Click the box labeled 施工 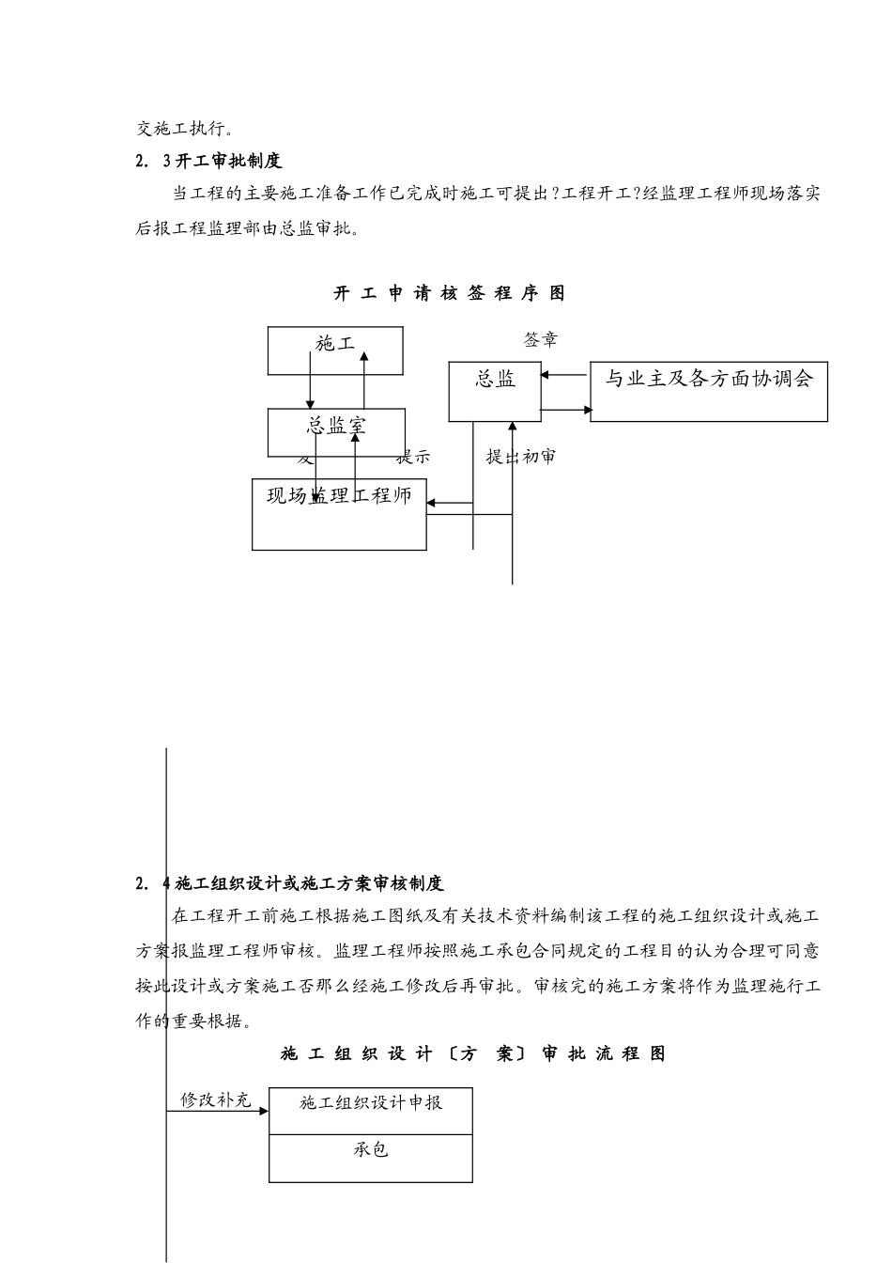tap(335, 350)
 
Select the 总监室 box tap(336, 431)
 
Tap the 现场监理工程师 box tap(339, 514)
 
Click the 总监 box tap(495, 391)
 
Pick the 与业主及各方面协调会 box tap(708, 391)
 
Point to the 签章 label tap(540, 339)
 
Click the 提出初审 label tap(521, 457)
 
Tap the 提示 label tap(413, 458)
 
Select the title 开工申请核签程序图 tap(450, 293)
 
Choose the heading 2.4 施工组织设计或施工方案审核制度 tap(289, 883)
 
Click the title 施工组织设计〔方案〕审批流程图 tap(472, 1053)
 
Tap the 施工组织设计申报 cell tap(371, 1111)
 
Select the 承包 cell tap(371, 1158)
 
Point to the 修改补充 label tap(216, 1099)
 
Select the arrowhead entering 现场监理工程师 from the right tap(432, 504)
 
